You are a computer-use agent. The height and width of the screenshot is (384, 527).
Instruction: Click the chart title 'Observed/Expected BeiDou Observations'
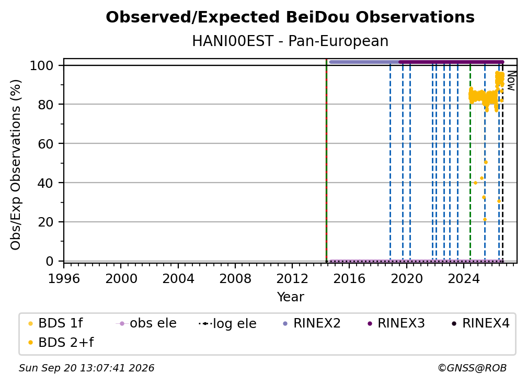click(290, 17)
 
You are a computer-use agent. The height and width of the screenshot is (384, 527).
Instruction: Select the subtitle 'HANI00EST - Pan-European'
click(290, 41)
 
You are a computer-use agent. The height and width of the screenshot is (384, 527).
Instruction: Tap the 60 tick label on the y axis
click(45, 143)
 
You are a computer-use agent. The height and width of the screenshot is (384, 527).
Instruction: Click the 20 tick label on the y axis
click(45, 222)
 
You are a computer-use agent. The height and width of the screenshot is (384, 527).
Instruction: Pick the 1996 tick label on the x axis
click(64, 279)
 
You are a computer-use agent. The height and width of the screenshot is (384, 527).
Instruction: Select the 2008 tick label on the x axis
click(235, 279)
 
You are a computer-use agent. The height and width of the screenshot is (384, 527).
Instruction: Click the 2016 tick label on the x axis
click(349, 279)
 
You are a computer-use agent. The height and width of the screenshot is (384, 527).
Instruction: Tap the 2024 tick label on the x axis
click(463, 279)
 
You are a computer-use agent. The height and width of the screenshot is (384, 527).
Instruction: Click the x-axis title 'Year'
click(290, 297)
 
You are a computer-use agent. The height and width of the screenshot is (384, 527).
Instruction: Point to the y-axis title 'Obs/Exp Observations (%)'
click(16, 165)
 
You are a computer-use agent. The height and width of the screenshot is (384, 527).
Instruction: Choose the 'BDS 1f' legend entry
click(56, 323)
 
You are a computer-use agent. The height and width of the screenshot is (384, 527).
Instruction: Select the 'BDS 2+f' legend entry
click(61, 343)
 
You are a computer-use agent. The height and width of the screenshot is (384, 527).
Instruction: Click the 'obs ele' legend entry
click(146, 323)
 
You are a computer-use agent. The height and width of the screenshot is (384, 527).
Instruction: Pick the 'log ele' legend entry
click(227, 324)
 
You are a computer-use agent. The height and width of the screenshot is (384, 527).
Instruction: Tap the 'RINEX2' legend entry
click(312, 323)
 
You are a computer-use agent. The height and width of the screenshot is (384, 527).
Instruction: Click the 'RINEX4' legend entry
click(480, 323)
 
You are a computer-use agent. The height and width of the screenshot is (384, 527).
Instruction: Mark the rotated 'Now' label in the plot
click(511, 81)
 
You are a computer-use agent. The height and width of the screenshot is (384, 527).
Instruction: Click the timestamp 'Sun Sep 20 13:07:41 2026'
click(86, 368)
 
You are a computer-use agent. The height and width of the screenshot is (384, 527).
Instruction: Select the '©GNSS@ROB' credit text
click(472, 368)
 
